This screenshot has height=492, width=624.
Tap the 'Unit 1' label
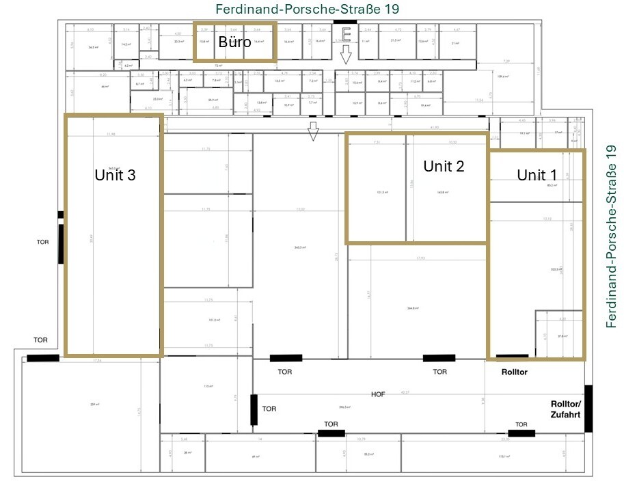pyautogui.click(x=536, y=175)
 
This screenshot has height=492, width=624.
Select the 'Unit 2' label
pyautogui.click(x=444, y=166)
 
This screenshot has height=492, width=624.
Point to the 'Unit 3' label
pyautogui.click(x=115, y=175)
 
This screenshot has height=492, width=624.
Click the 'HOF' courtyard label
pyautogui.click(x=379, y=395)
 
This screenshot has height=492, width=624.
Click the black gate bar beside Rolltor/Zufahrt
pyautogui.click(x=588, y=409)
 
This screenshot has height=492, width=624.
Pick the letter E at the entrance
pyautogui.click(x=346, y=34)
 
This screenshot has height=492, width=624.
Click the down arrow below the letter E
pyautogui.click(x=346, y=55)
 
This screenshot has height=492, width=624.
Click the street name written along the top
pyautogui.click(x=307, y=9)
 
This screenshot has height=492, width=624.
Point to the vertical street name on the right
pyautogui.click(x=612, y=236)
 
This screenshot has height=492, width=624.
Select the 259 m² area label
pyautogui.click(x=94, y=405)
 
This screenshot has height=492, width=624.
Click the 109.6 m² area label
pyautogui.click(x=502, y=77)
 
